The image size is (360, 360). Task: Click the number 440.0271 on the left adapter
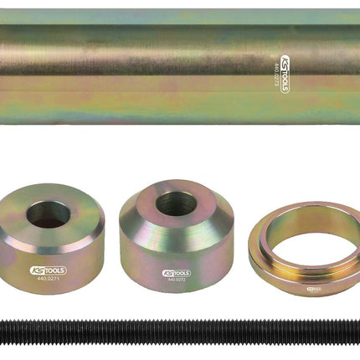click(49, 282)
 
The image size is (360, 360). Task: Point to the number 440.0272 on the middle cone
click(176, 280)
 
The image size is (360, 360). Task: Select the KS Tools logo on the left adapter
click(49, 273)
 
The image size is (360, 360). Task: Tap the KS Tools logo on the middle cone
click(177, 272)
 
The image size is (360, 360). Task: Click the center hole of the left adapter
click(49, 215)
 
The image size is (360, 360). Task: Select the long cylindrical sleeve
click(167, 67)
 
